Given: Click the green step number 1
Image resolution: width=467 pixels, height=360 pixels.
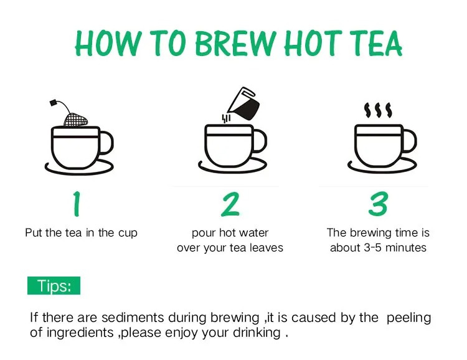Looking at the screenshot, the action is coord(77,204).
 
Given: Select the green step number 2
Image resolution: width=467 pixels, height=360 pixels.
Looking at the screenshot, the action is coord(230,204).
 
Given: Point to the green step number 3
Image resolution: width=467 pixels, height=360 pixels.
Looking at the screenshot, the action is coord(378,204).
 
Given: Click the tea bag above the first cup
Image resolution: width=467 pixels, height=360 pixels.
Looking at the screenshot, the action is coord(75,119).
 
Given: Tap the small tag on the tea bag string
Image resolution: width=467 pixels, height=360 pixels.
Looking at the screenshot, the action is coord(54,103).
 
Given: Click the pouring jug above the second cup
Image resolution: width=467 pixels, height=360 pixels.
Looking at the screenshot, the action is coord(243,104).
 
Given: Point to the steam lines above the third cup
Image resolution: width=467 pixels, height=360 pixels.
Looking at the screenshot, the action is coord(378,110).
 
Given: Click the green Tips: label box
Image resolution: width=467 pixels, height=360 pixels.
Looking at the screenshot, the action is coord(54,285).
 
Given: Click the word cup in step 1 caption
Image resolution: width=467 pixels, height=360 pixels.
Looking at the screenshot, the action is coord(128,234).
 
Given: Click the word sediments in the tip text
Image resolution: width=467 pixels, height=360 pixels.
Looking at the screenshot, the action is coord(133,318).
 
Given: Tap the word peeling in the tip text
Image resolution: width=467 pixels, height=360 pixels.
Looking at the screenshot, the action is coord(408,318).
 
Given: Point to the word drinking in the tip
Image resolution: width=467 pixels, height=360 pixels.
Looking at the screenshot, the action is coord(257,333).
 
